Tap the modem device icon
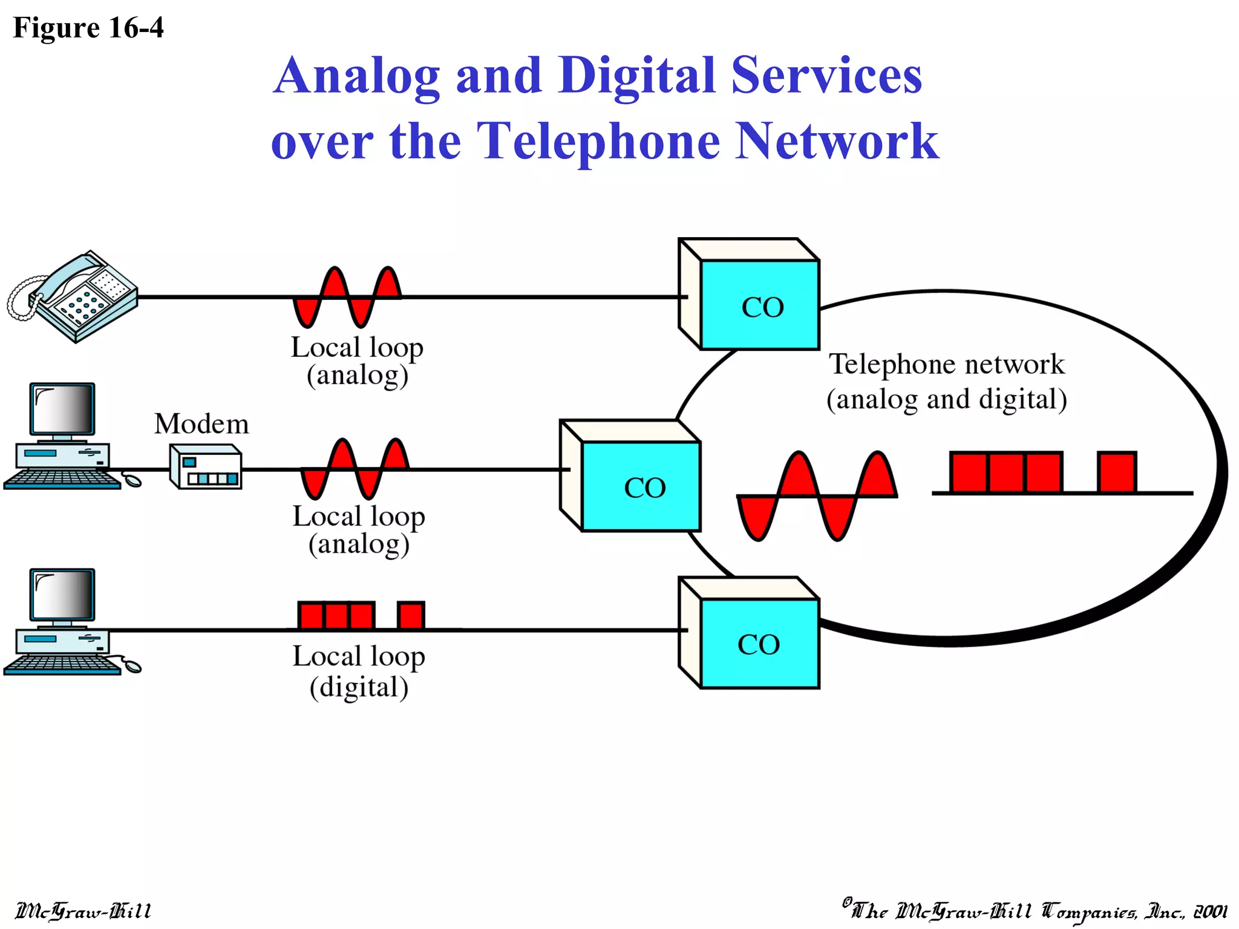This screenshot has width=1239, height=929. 206,466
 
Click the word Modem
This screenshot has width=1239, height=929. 201,424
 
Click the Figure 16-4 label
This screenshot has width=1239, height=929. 88,28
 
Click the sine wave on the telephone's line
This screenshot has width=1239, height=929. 347,297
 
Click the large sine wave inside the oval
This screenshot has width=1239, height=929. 817,496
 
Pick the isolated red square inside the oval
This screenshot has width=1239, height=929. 1117,472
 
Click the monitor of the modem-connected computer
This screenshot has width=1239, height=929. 62,409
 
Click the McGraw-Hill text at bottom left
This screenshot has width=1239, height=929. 83,911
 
